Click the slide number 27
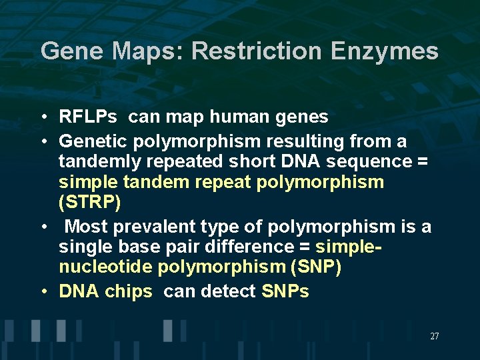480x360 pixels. click(x=434, y=337)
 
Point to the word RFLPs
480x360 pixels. click(x=88, y=117)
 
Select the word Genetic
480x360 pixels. click(x=93, y=141)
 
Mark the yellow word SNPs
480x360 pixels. click(x=285, y=291)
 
